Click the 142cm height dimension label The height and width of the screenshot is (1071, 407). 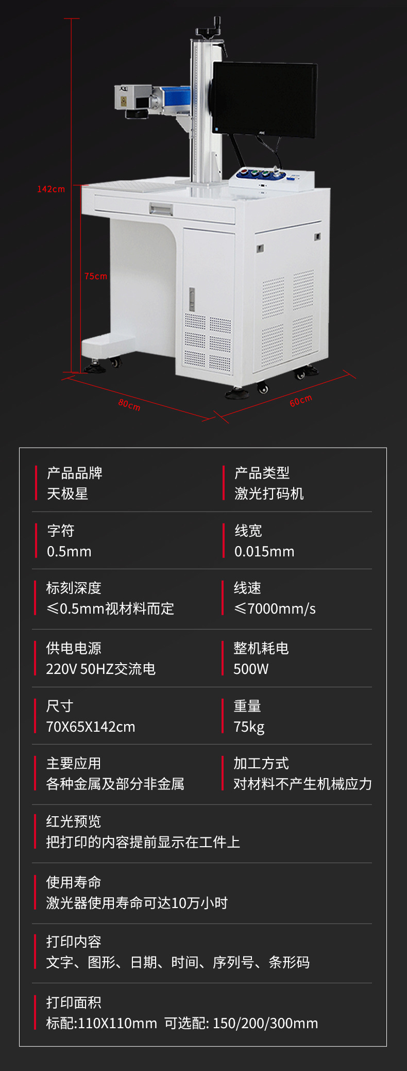pyautogui.click(x=51, y=189)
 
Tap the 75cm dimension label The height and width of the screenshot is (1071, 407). pyautogui.click(x=96, y=276)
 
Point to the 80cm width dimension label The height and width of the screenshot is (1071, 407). pyautogui.click(x=129, y=405)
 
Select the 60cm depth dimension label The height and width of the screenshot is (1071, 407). pyautogui.click(x=301, y=401)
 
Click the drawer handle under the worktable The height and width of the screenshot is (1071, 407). pyautogui.click(x=161, y=209)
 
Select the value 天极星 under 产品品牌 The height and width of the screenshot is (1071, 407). pyautogui.click(x=67, y=493)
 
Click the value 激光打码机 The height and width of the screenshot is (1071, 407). pyautogui.click(x=269, y=493)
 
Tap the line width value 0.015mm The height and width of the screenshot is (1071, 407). pyautogui.click(x=264, y=551)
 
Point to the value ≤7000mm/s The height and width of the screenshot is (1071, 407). pyautogui.click(x=275, y=608)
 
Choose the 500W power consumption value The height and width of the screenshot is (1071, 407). pyautogui.click(x=251, y=669)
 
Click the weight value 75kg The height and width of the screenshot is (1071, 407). pyautogui.click(x=249, y=727)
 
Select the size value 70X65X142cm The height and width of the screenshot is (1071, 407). pyautogui.click(x=91, y=727)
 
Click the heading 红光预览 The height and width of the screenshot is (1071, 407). pyautogui.click(x=74, y=821)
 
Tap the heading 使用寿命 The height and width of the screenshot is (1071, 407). pyautogui.click(x=74, y=882)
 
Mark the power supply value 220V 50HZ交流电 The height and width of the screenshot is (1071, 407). pyautogui.click(x=101, y=669)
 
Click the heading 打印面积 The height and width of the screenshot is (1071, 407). pyautogui.click(x=74, y=1002)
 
